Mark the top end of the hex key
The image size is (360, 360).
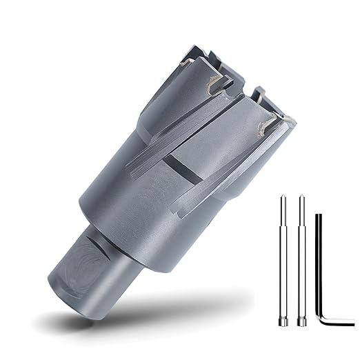[x=318, y=217]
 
